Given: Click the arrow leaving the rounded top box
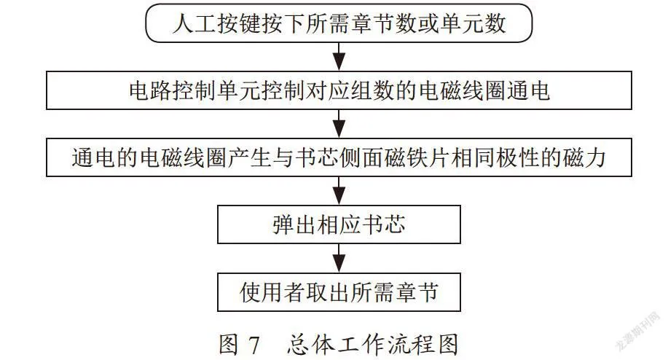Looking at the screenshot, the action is pyautogui.click(x=339, y=56).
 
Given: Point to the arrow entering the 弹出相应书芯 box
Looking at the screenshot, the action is pyautogui.click(x=339, y=191).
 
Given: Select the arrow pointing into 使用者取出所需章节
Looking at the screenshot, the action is pyautogui.click(x=339, y=258).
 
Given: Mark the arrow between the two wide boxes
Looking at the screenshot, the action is pyautogui.click(x=339, y=124).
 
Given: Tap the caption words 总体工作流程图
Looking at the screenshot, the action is pyautogui.click(x=373, y=344).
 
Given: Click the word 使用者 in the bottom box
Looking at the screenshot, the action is pyautogui.click(x=272, y=292).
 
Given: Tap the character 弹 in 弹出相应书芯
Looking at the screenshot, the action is pyautogui.click(x=283, y=224).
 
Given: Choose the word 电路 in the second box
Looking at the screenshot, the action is pyautogui.click(x=151, y=90).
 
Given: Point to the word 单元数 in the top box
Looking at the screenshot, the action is pyautogui.click(x=474, y=23).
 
